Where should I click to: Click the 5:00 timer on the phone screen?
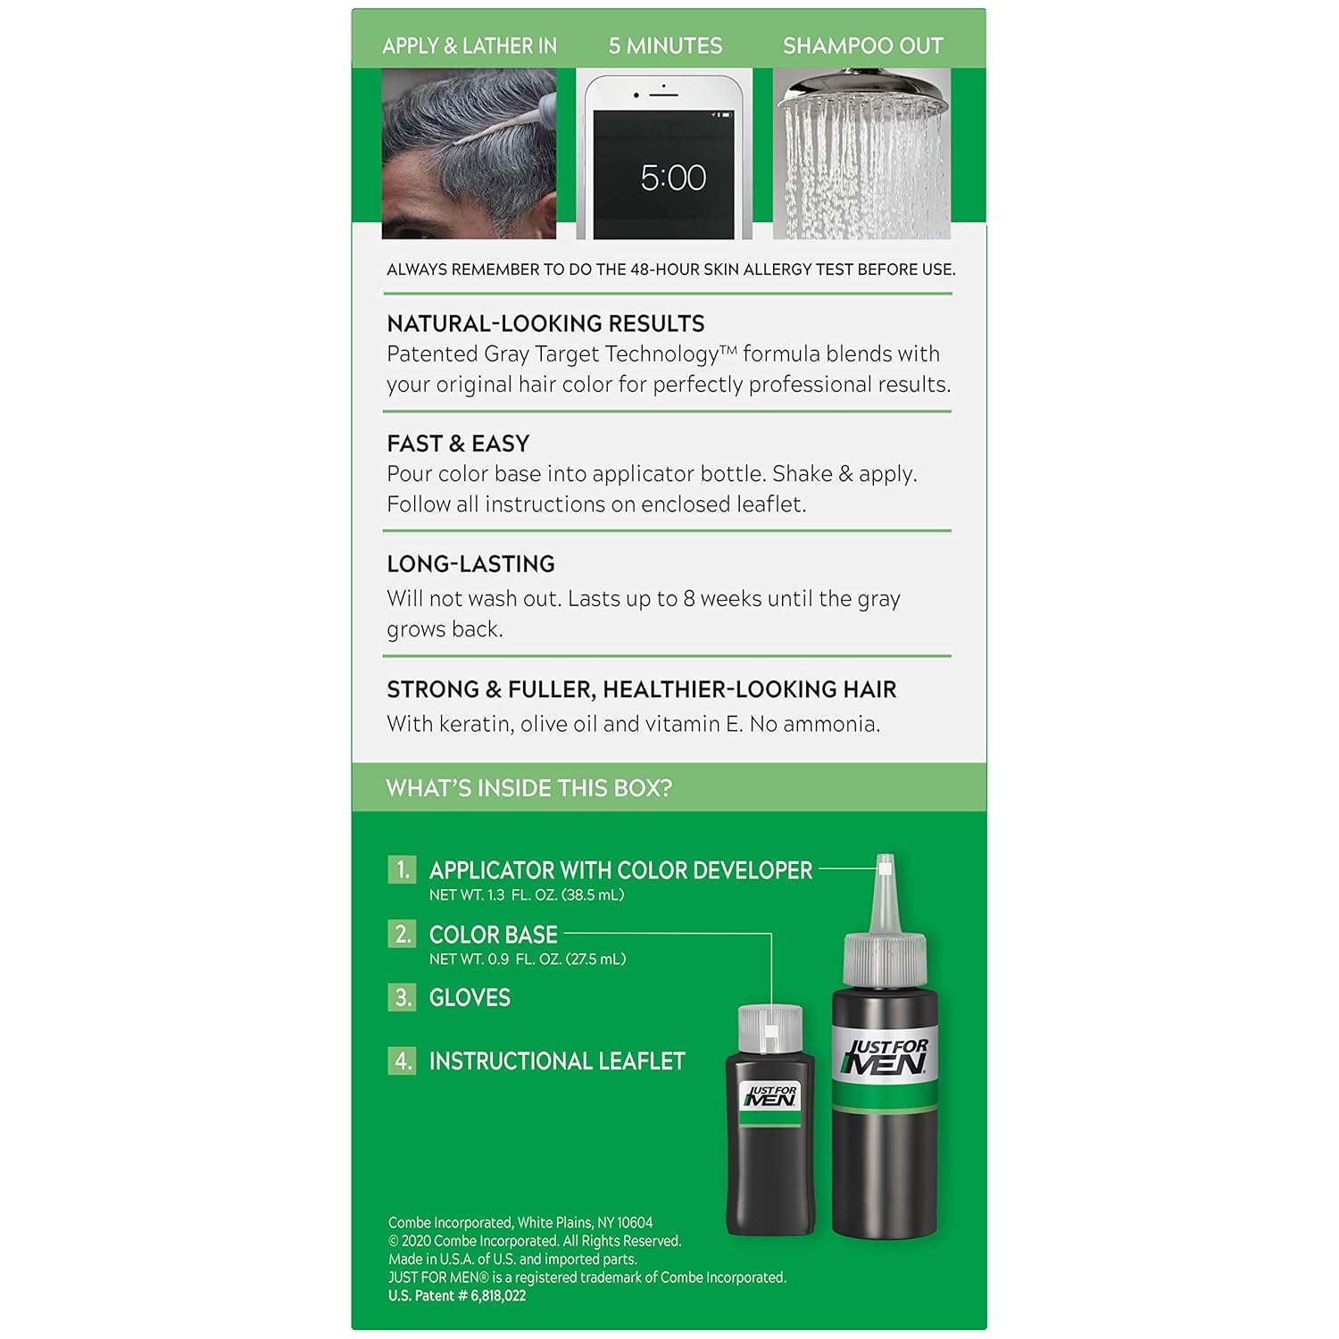[x=673, y=178]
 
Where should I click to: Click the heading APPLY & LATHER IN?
[x=470, y=46]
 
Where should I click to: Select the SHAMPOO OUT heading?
[x=862, y=46]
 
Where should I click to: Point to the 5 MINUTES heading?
[x=665, y=46]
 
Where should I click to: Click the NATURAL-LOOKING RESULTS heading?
[x=545, y=323]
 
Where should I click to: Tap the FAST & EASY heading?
[x=458, y=444]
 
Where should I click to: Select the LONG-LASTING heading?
[x=470, y=564]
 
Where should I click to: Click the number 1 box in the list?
[x=402, y=869]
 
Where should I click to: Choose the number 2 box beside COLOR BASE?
[x=402, y=934]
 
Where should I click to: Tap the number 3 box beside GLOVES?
[x=402, y=997]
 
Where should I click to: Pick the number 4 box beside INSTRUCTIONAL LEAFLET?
[x=402, y=1060]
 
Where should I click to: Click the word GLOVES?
[x=470, y=998]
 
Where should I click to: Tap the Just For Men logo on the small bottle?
[x=770, y=1096]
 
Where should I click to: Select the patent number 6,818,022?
[x=498, y=1296]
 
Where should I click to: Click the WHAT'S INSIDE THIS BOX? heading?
[x=528, y=788]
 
